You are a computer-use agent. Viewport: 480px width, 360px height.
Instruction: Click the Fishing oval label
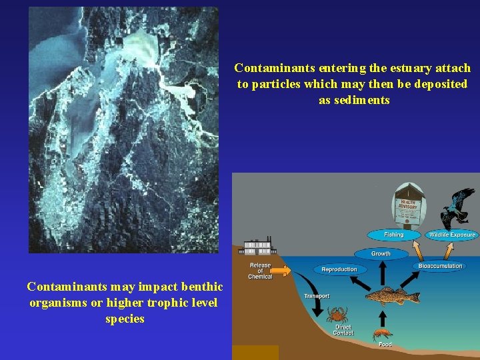click(393, 235)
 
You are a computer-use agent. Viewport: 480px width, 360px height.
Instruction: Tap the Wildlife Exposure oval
click(452, 235)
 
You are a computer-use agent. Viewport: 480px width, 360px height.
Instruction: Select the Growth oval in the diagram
click(381, 254)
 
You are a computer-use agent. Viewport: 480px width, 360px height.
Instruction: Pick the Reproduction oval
click(339, 269)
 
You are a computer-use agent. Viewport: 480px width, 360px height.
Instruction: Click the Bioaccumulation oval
click(440, 266)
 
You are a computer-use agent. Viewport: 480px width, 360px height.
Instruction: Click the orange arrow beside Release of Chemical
click(283, 271)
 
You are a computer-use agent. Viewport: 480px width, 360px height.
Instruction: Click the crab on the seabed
click(336, 314)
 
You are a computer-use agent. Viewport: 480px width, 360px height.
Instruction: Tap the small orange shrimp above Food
click(383, 333)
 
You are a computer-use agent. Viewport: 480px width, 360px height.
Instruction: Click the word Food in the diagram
click(385, 345)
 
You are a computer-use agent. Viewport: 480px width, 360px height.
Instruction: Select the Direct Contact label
click(343, 330)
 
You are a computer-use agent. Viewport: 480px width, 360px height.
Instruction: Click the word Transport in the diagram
click(317, 296)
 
